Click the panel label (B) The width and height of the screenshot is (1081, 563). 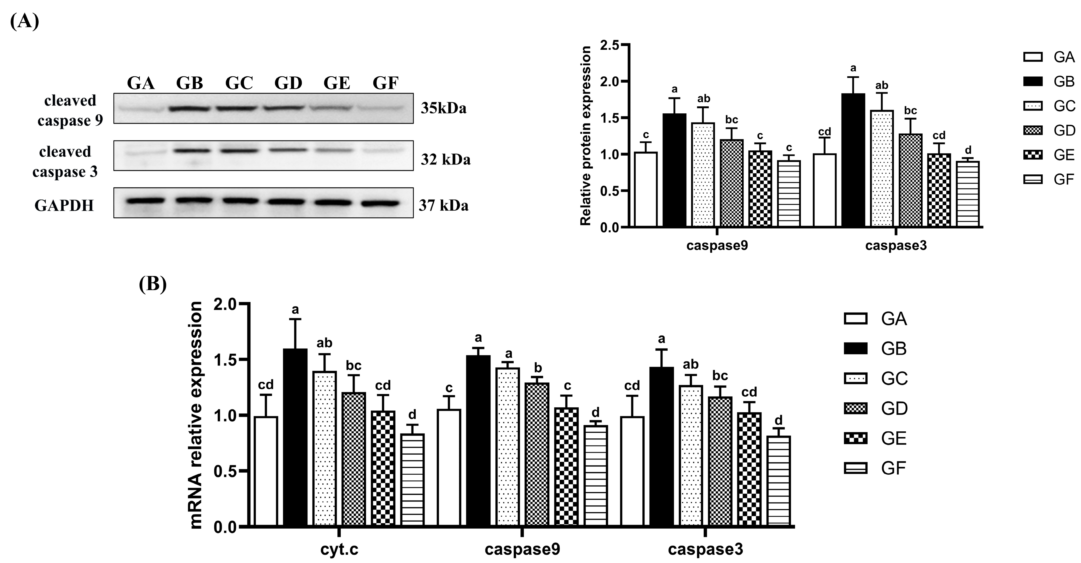coord(153,284)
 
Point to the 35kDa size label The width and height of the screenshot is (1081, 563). coord(444,108)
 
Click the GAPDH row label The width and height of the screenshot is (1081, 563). coord(64,205)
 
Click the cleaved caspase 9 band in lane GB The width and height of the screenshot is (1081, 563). coord(190,109)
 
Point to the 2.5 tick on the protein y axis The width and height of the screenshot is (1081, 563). coord(609,45)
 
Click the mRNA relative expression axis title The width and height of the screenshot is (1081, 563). coord(196,415)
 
